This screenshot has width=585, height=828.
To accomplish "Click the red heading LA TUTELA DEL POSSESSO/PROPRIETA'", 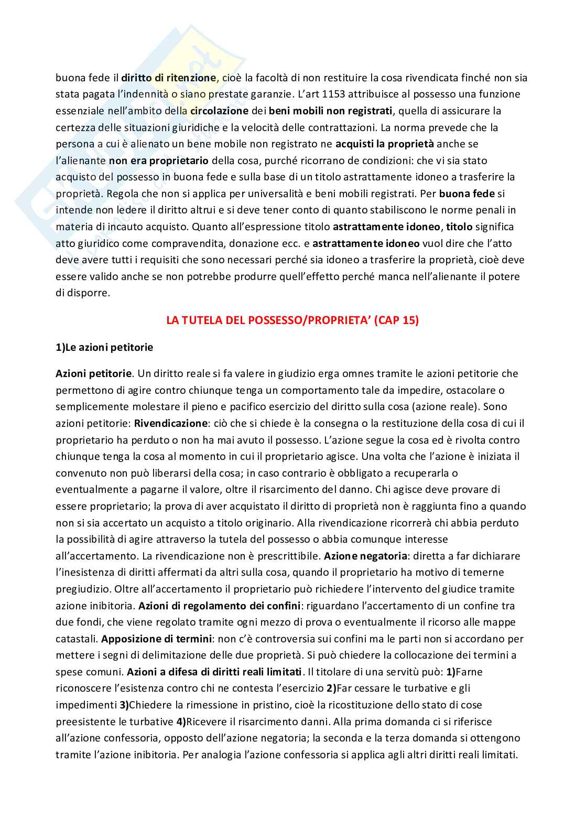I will (292, 320).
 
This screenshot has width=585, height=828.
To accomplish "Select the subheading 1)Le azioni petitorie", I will (104, 347).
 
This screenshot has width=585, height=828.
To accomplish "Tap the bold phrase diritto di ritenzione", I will (169, 78).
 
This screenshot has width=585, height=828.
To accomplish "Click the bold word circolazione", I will (219, 111).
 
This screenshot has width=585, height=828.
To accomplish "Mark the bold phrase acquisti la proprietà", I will (384, 144).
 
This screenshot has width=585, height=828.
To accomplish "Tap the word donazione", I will (236, 243).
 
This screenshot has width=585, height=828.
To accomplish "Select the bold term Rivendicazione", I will (171, 423).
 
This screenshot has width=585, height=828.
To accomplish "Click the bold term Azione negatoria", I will (365, 556).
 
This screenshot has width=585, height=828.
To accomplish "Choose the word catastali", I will (77, 639).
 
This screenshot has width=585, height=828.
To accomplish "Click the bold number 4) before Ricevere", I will (181, 722).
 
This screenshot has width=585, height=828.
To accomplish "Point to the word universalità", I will (274, 193).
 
